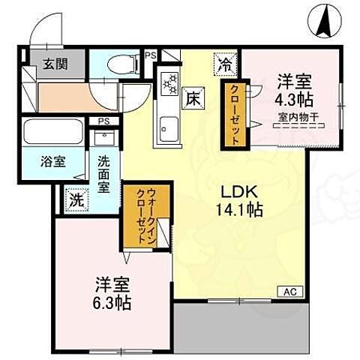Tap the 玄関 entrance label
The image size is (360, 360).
click(x=52, y=64)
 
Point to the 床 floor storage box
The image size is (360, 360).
click(x=193, y=97)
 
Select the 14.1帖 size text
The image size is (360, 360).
click(x=238, y=211)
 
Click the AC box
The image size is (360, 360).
click(x=290, y=290)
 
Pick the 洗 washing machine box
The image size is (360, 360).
click(x=76, y=200)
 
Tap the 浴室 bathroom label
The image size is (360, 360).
click(x=53, y=162)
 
